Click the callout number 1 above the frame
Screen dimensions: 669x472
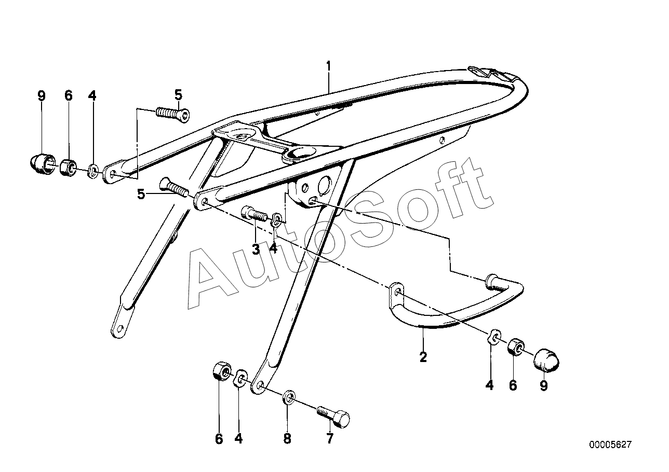(x=328, y=66)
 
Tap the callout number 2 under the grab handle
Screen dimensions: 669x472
(x=423, y=357)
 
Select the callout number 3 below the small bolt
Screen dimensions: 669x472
(x=256, y=249)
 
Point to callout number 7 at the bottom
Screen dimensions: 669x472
(x=329, y=439)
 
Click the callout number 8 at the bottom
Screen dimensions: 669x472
(x=287, y=439)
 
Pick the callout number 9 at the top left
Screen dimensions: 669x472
(x=42, y=95)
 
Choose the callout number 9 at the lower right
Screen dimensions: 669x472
(x=544, y=386)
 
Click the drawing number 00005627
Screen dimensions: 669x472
(x=610, y=445)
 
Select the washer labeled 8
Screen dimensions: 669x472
(x=289, y=399)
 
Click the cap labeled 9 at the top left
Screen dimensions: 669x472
(x=40, y=164)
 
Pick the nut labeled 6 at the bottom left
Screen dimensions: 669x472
(x=220, y=371)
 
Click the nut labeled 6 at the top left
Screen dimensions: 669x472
(x=68, y=167)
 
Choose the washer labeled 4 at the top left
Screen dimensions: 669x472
(x=92, y=171)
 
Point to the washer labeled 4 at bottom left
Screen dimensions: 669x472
(x=240, y=378)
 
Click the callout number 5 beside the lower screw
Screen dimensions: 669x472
(x=141, y=195)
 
